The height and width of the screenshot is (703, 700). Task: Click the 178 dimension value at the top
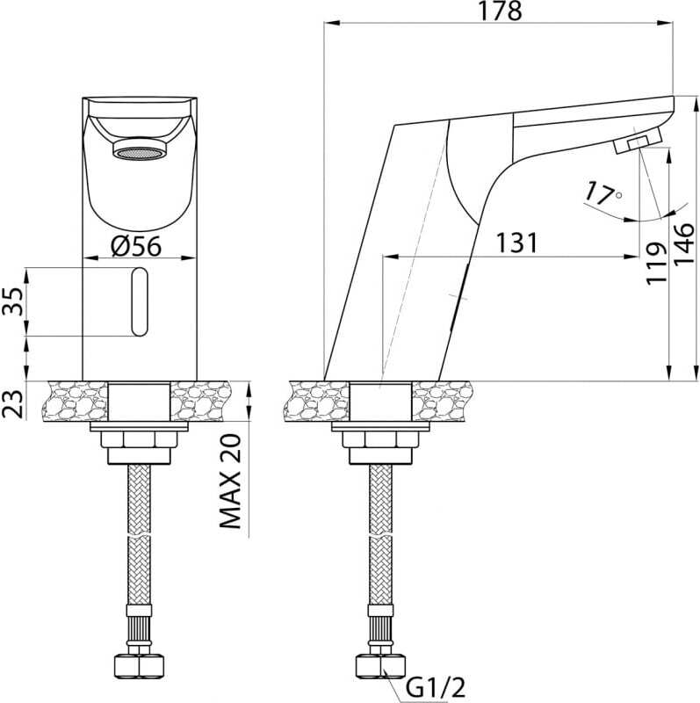499,11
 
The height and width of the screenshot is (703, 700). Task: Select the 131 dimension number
516,243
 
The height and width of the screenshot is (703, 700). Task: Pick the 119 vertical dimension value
657,263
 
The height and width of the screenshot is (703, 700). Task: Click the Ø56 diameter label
136,246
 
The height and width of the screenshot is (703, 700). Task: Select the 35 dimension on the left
12,301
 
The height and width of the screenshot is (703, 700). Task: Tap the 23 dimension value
12,404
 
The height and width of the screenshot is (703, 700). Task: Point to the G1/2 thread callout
435,686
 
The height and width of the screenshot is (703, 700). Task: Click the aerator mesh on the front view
140,154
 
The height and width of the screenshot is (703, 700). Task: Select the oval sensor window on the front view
140,301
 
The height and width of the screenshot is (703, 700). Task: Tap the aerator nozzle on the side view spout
637,141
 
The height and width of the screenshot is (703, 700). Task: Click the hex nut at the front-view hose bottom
139,666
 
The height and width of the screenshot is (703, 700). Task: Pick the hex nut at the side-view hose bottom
380,666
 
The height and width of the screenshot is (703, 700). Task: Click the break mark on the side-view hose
380,536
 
